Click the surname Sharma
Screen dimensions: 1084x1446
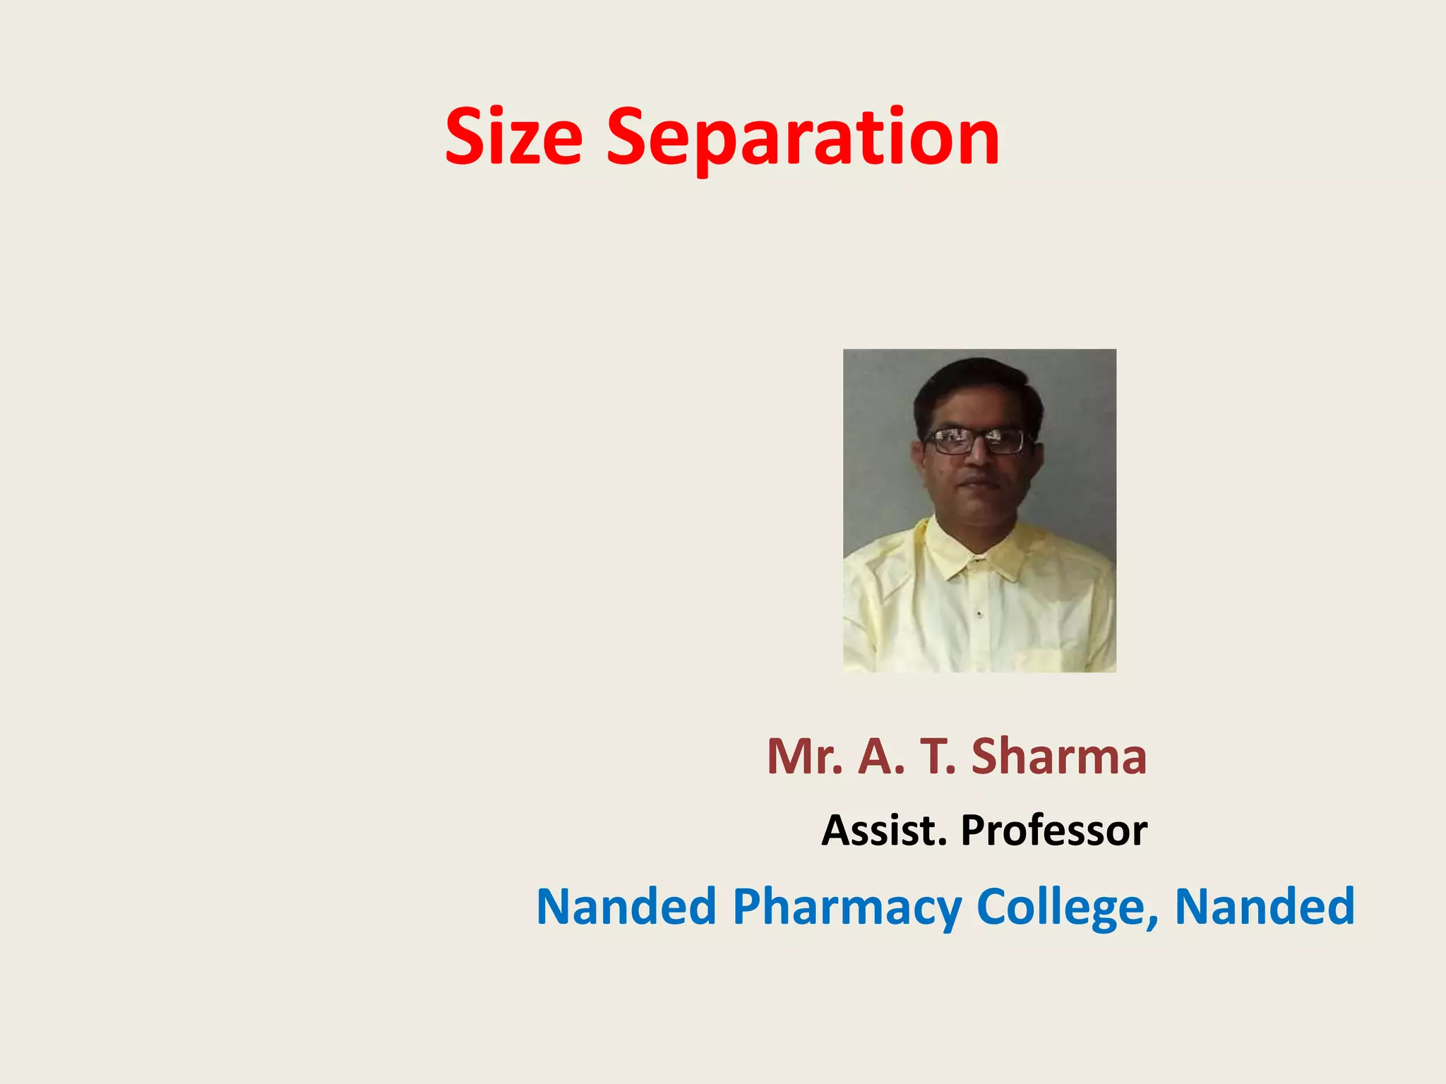point(1059,757)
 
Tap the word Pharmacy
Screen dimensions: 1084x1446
point(847,906)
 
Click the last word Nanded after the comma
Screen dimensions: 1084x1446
point(1265,906)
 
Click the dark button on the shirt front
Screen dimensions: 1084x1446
point(979,614)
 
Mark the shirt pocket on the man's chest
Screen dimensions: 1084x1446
point(1038,660)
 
